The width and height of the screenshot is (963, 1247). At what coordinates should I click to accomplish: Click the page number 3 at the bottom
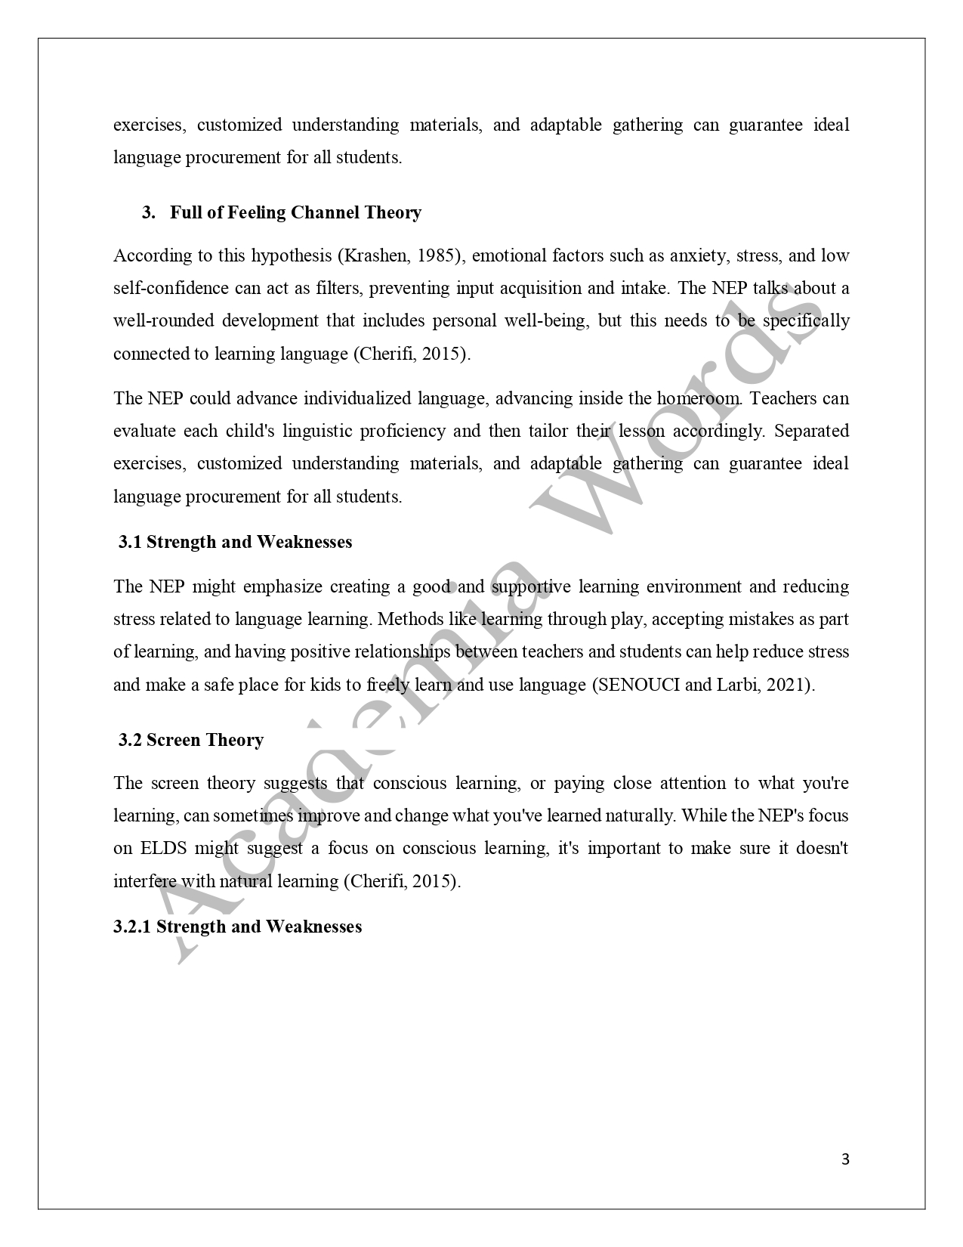[x=845, y=1159]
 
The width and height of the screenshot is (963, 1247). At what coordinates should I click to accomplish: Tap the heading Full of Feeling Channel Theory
[x=295, y=212]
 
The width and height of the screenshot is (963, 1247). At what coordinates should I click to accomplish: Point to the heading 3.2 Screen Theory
[x=191, y=740]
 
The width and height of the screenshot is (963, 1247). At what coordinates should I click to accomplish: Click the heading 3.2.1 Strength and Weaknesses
[x=238, y=927]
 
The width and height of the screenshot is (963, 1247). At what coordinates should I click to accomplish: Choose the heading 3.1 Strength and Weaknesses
[x=235, y=542]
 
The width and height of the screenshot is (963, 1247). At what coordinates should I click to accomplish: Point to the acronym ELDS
[x=162, y=848]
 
